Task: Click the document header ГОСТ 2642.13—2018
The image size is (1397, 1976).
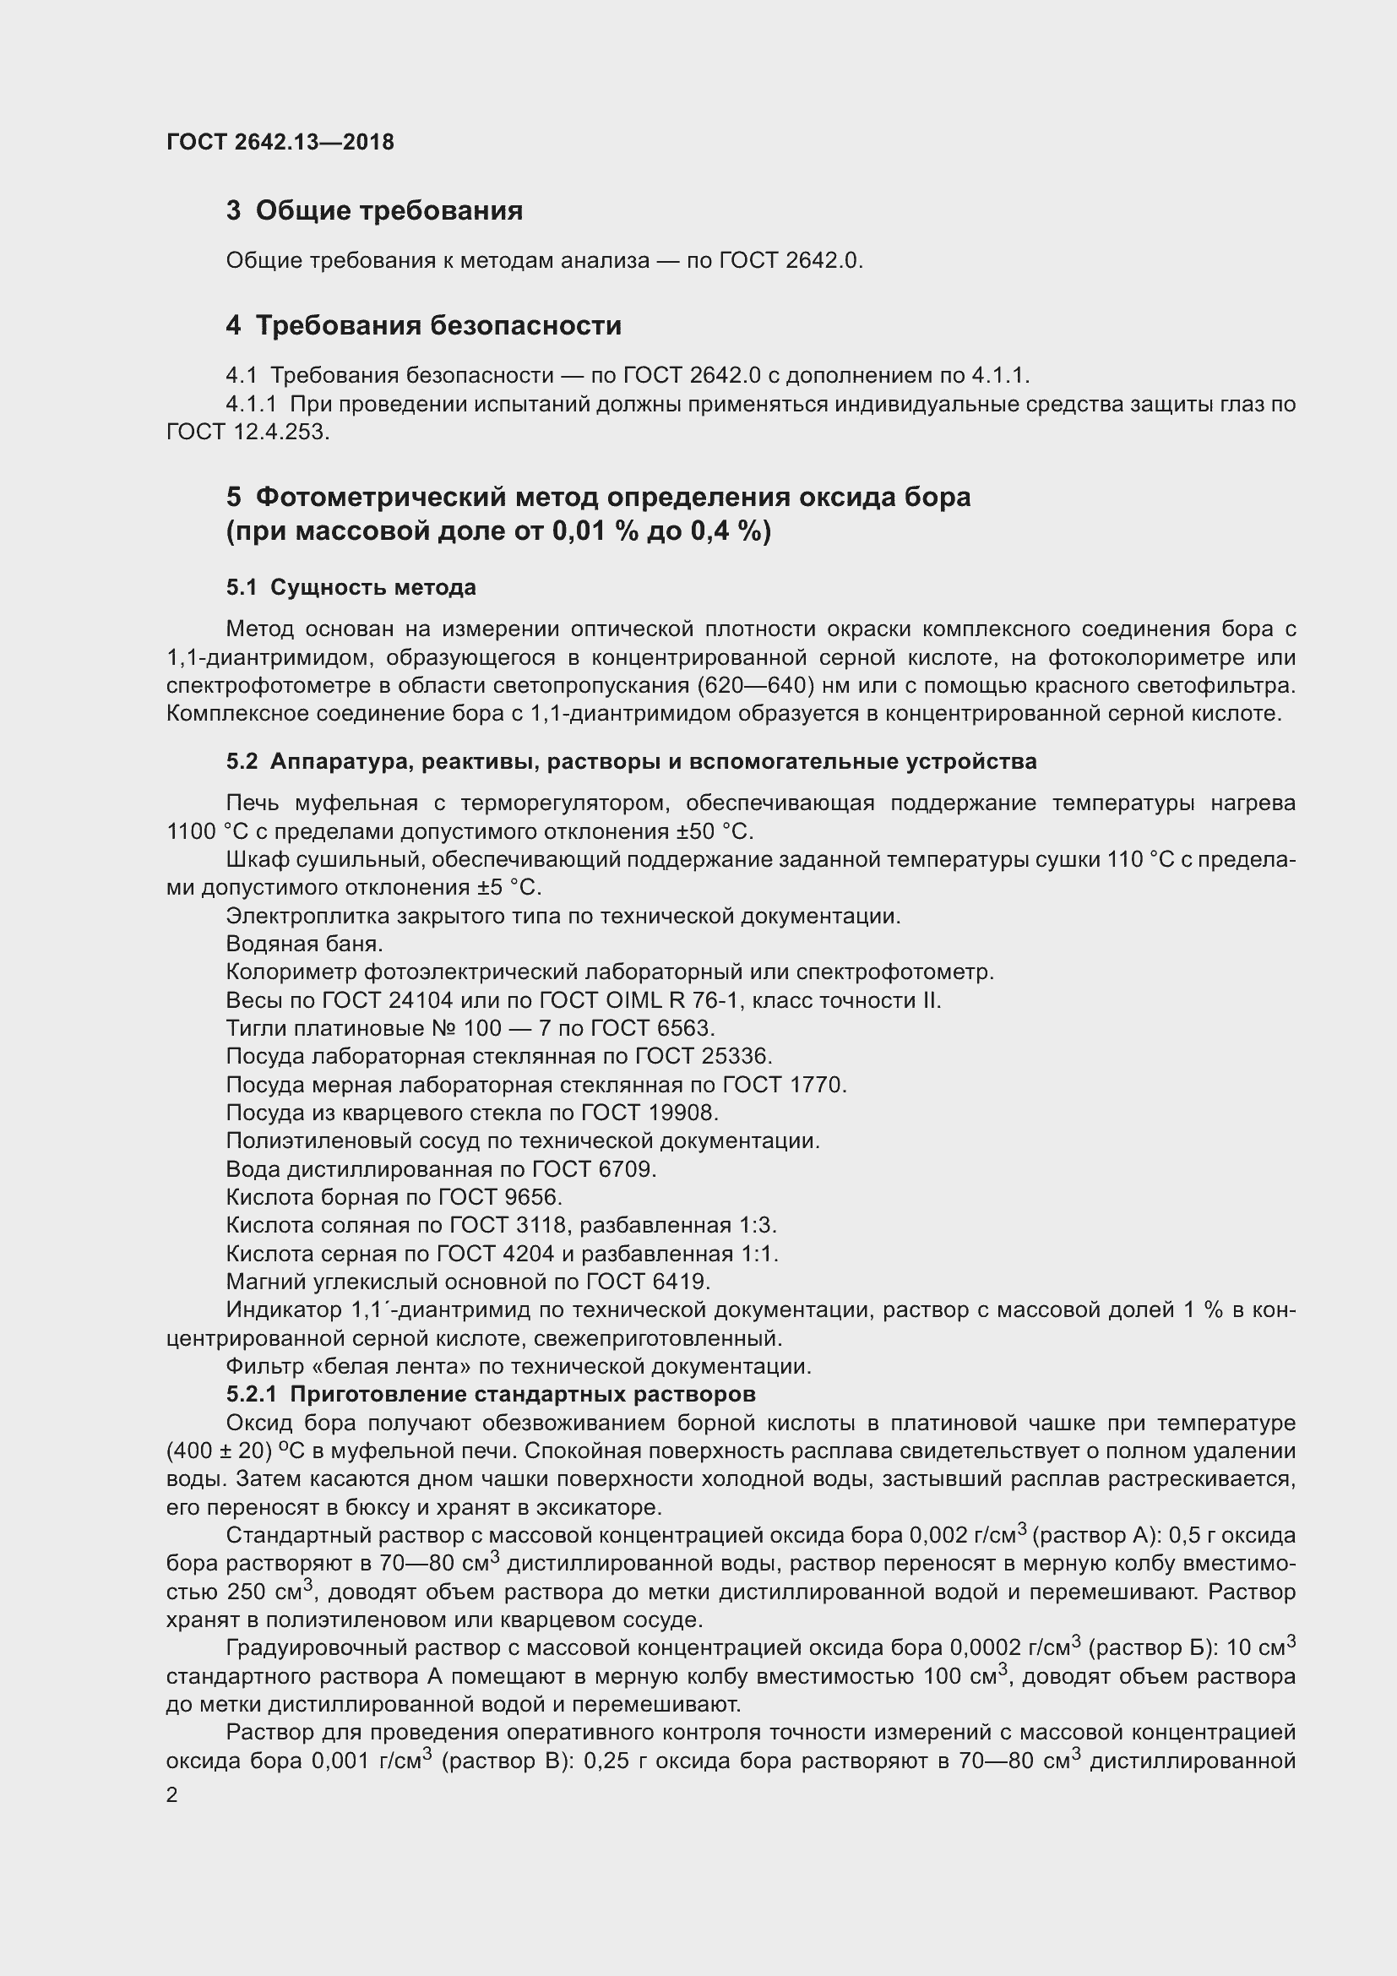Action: (x=280, y=142)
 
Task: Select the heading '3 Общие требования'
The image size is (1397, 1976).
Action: (x=374, y=211)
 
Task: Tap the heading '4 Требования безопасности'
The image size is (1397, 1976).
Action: (x=423, y=325)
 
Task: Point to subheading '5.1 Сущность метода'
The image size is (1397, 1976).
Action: (x=351, y=588)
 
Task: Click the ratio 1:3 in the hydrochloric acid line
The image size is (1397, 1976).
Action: (x=757, y=1225)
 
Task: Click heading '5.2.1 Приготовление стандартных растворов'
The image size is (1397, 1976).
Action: (x=491, y=1393)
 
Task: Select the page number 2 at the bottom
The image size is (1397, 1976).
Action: (x=172, y=1795)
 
